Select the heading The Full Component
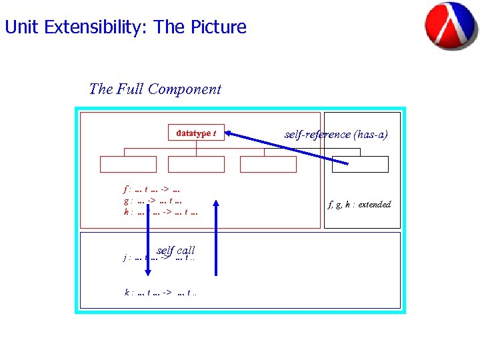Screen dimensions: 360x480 point(155,89)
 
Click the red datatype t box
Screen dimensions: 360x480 point(196,133)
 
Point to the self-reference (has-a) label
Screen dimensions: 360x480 point(336,134)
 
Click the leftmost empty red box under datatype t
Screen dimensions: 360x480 point(128,165)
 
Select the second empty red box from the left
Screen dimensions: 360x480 point(196,165)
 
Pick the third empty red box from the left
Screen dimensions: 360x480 point(267,165)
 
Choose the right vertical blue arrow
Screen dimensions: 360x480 point(215,237)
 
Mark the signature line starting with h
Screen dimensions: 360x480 point(160,212)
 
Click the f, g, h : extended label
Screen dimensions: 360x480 point(359,204)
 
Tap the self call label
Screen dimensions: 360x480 point(176,250)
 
